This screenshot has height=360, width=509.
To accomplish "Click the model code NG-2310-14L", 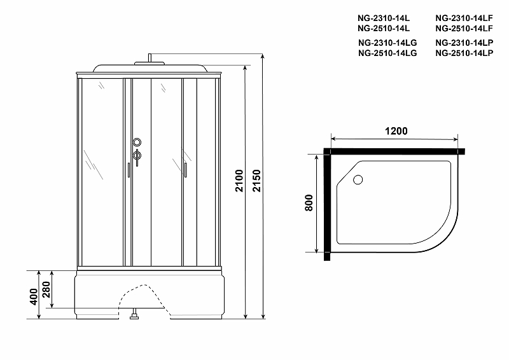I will (383, 18).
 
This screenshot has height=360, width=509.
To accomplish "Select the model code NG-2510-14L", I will (383, 29).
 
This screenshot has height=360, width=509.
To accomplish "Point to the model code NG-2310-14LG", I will (387, 43).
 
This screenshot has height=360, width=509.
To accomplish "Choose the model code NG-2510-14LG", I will (387, 53).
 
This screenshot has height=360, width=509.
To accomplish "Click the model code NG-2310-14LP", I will (464, 43).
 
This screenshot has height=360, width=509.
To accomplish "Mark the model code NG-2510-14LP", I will (464, 53).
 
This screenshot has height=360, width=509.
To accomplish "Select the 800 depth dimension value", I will (308, 205).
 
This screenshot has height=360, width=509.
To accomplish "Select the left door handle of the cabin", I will (128, 169).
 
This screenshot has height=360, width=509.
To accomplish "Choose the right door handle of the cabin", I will (185, 169).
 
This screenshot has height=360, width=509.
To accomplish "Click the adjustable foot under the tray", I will (134, 314).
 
